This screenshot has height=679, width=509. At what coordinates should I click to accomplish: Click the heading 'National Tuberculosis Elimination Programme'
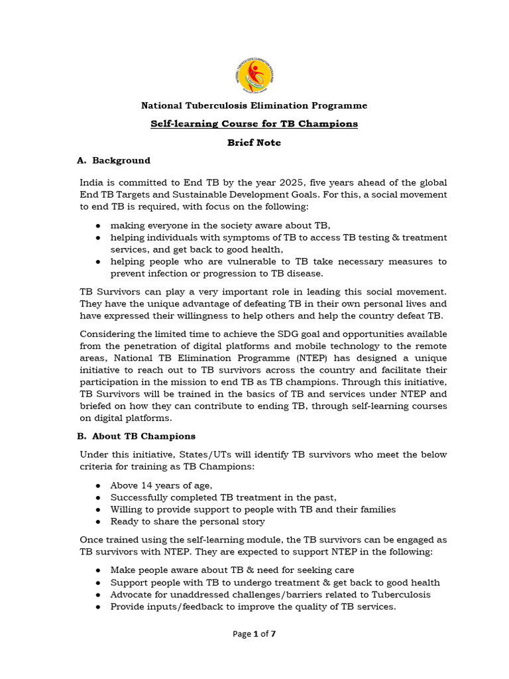tap(254, 106)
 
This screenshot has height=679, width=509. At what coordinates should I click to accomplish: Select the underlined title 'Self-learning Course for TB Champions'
tap(254, 124)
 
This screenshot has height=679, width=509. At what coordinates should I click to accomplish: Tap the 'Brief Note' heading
tap(254, 143)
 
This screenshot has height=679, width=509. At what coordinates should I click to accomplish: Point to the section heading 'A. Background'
tap(114, 160)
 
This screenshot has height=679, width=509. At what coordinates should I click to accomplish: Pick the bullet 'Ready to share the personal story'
tap(188, 522)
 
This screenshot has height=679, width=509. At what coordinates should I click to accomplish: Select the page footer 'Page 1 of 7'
tap(254, 634)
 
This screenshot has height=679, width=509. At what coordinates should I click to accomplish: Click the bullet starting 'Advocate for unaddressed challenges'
tap(270, 594)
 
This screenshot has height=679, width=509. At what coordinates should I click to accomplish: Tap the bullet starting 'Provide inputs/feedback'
tap(253, 606)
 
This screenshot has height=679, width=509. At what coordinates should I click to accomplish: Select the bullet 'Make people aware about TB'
tap(232, 570)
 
